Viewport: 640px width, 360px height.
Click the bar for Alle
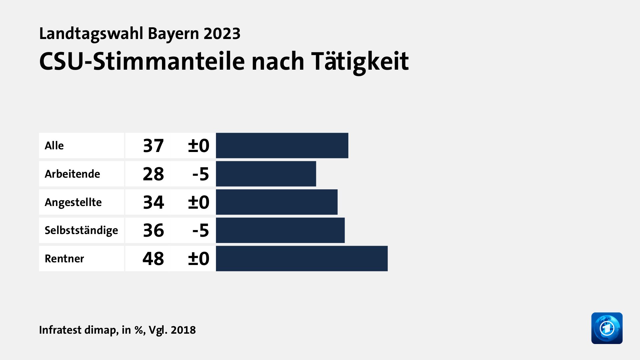[282, 145]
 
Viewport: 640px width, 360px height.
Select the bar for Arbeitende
[266, 174]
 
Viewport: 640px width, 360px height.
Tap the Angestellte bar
[277, 202]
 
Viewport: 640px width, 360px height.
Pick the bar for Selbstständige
[280, 230]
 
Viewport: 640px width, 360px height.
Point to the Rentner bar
[302, 259]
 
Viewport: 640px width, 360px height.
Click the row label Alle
[54, 146]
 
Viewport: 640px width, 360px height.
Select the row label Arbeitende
[72, 174]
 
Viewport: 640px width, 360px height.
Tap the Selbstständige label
[81, 230]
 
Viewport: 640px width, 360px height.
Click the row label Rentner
[64, 259]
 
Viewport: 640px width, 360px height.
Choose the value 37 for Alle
[153, 146]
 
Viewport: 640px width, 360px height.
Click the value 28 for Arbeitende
[153, 174]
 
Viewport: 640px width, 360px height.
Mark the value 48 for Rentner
[153, 259]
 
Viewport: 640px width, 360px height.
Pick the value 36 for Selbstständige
[153, 230]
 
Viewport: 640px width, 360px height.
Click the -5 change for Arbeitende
[201, 174]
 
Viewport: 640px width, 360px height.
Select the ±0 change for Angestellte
[199, 202]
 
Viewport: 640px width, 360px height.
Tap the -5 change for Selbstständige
[201, 230]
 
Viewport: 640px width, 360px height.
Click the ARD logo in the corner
[607, 328]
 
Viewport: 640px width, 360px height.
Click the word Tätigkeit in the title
[360, 62]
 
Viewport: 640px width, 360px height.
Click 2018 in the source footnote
[183, 330]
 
